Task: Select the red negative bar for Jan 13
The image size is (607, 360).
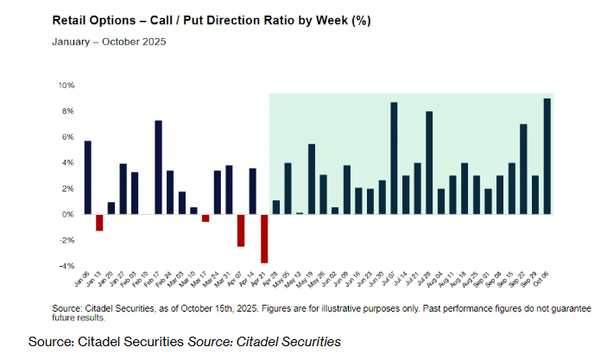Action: click(99, 222)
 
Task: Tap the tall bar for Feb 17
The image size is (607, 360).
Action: click(159, 167)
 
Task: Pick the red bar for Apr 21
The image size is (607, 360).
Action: click(264, 238)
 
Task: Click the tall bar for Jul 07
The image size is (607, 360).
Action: click(394, 158)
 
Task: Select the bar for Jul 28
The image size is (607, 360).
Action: click(429, 162)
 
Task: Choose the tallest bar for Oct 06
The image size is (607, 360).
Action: click(547, 156)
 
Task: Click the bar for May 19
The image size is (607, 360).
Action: click(312, 179)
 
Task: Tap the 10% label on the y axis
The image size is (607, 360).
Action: click(66, 85)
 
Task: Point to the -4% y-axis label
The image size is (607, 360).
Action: click(66, 266)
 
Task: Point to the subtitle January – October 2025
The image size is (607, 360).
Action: click(109, 41)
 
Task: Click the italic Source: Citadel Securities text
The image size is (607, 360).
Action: click(264, 342)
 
